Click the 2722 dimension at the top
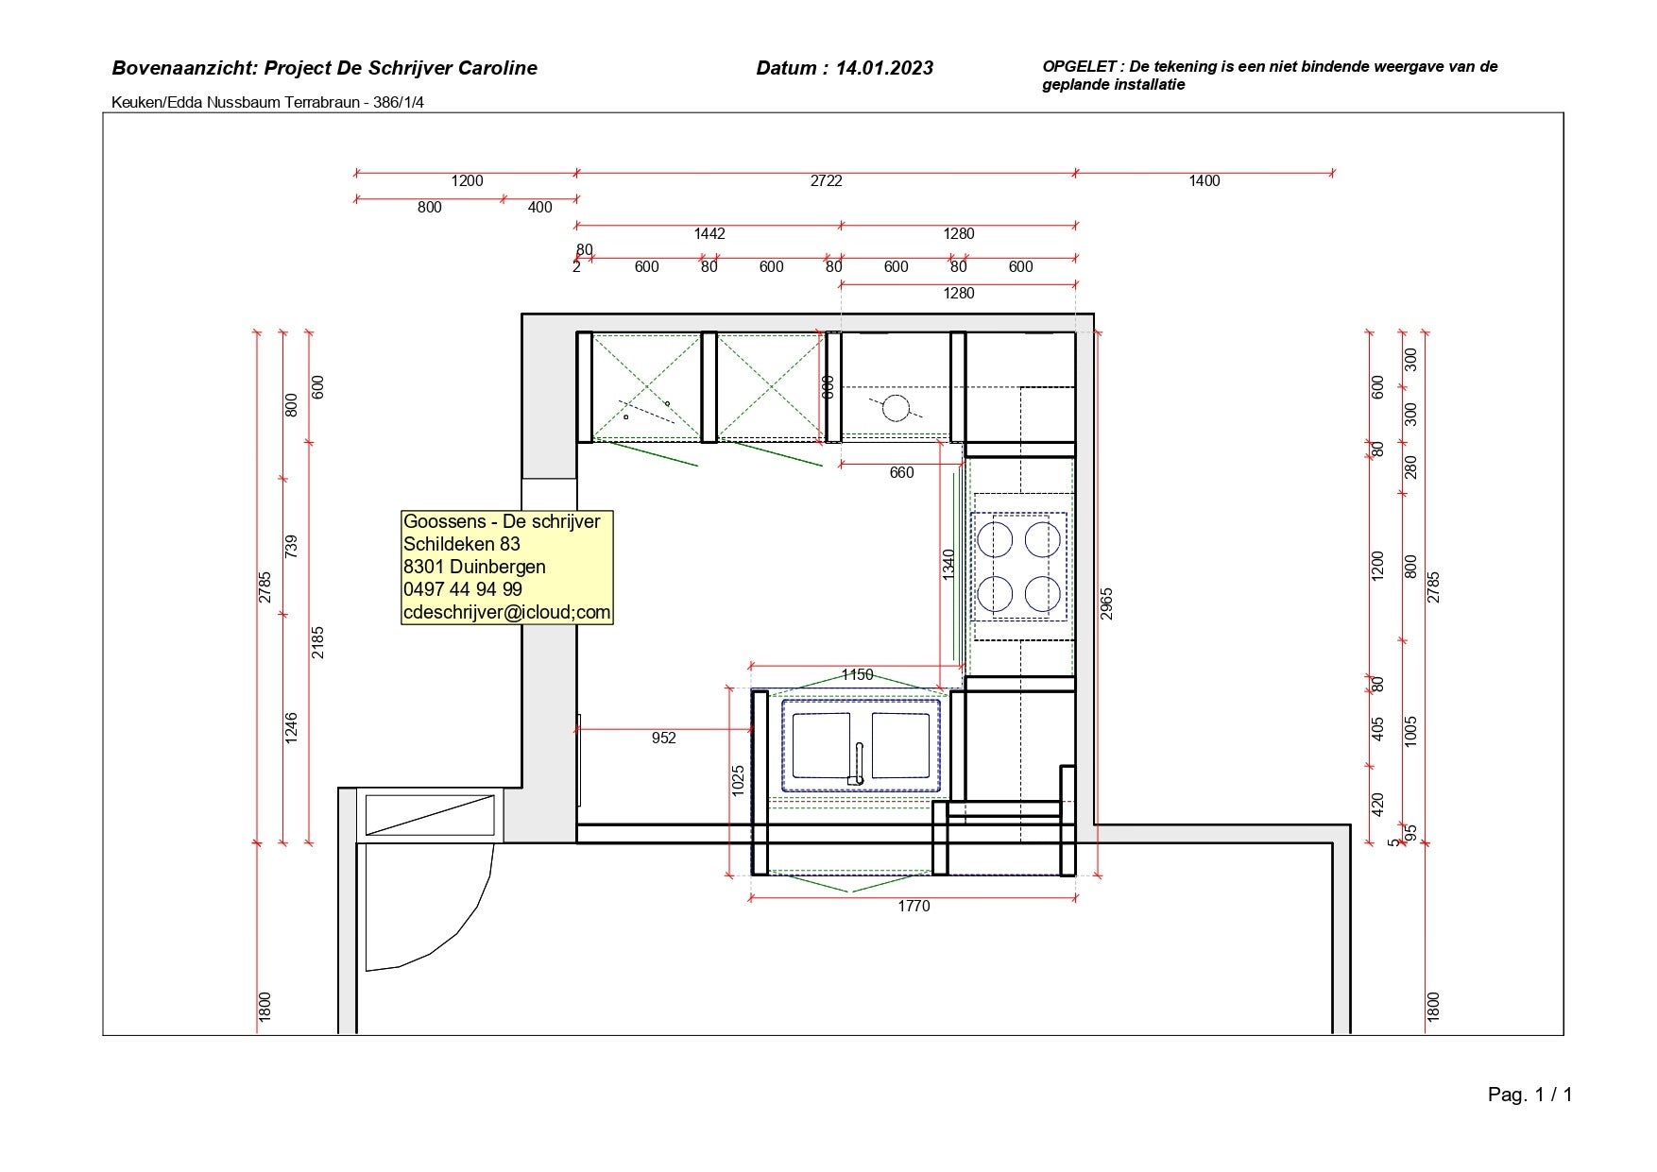(826, 181)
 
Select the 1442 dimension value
(709, 234)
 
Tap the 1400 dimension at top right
(1204, 181)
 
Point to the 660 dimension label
(902, 473)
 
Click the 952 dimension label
(664, 739)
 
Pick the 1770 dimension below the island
(914, 907)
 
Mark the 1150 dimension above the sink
(857, 675)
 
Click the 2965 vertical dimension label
(1107, 604)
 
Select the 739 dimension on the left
(291, 547)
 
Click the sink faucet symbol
(859, 763)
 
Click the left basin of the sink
(821, 745)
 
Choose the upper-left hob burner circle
(995, 539)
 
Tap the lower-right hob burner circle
(1043, 593)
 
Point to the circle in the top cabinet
(896, 408)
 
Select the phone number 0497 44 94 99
(463, 589)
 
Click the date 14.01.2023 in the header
(884, 68)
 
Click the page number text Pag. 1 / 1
(1530, 1095)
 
